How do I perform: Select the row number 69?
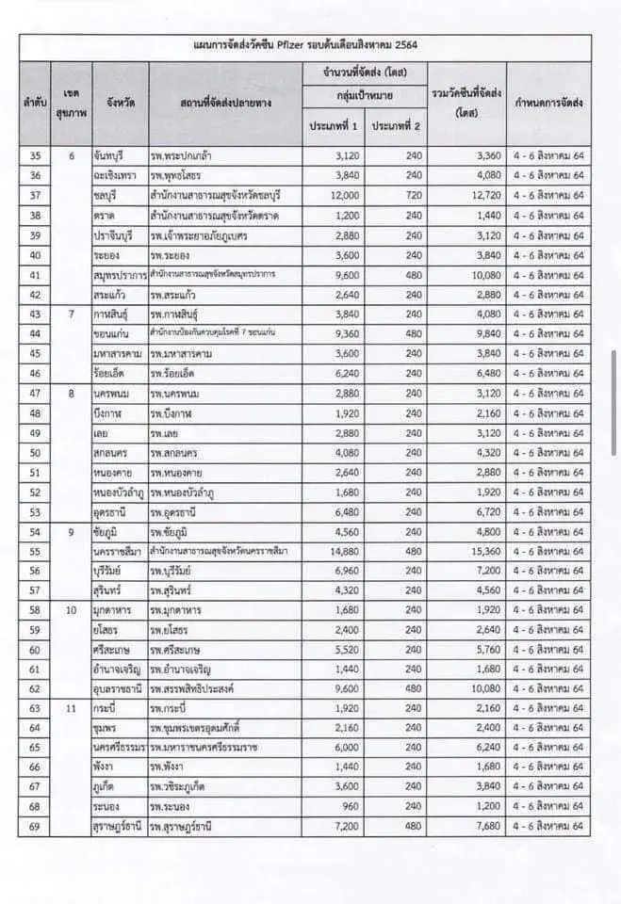[35, 828]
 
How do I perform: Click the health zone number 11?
[70, 706]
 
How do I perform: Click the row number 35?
[35, 155]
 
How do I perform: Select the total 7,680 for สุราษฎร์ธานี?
[482, 828]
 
